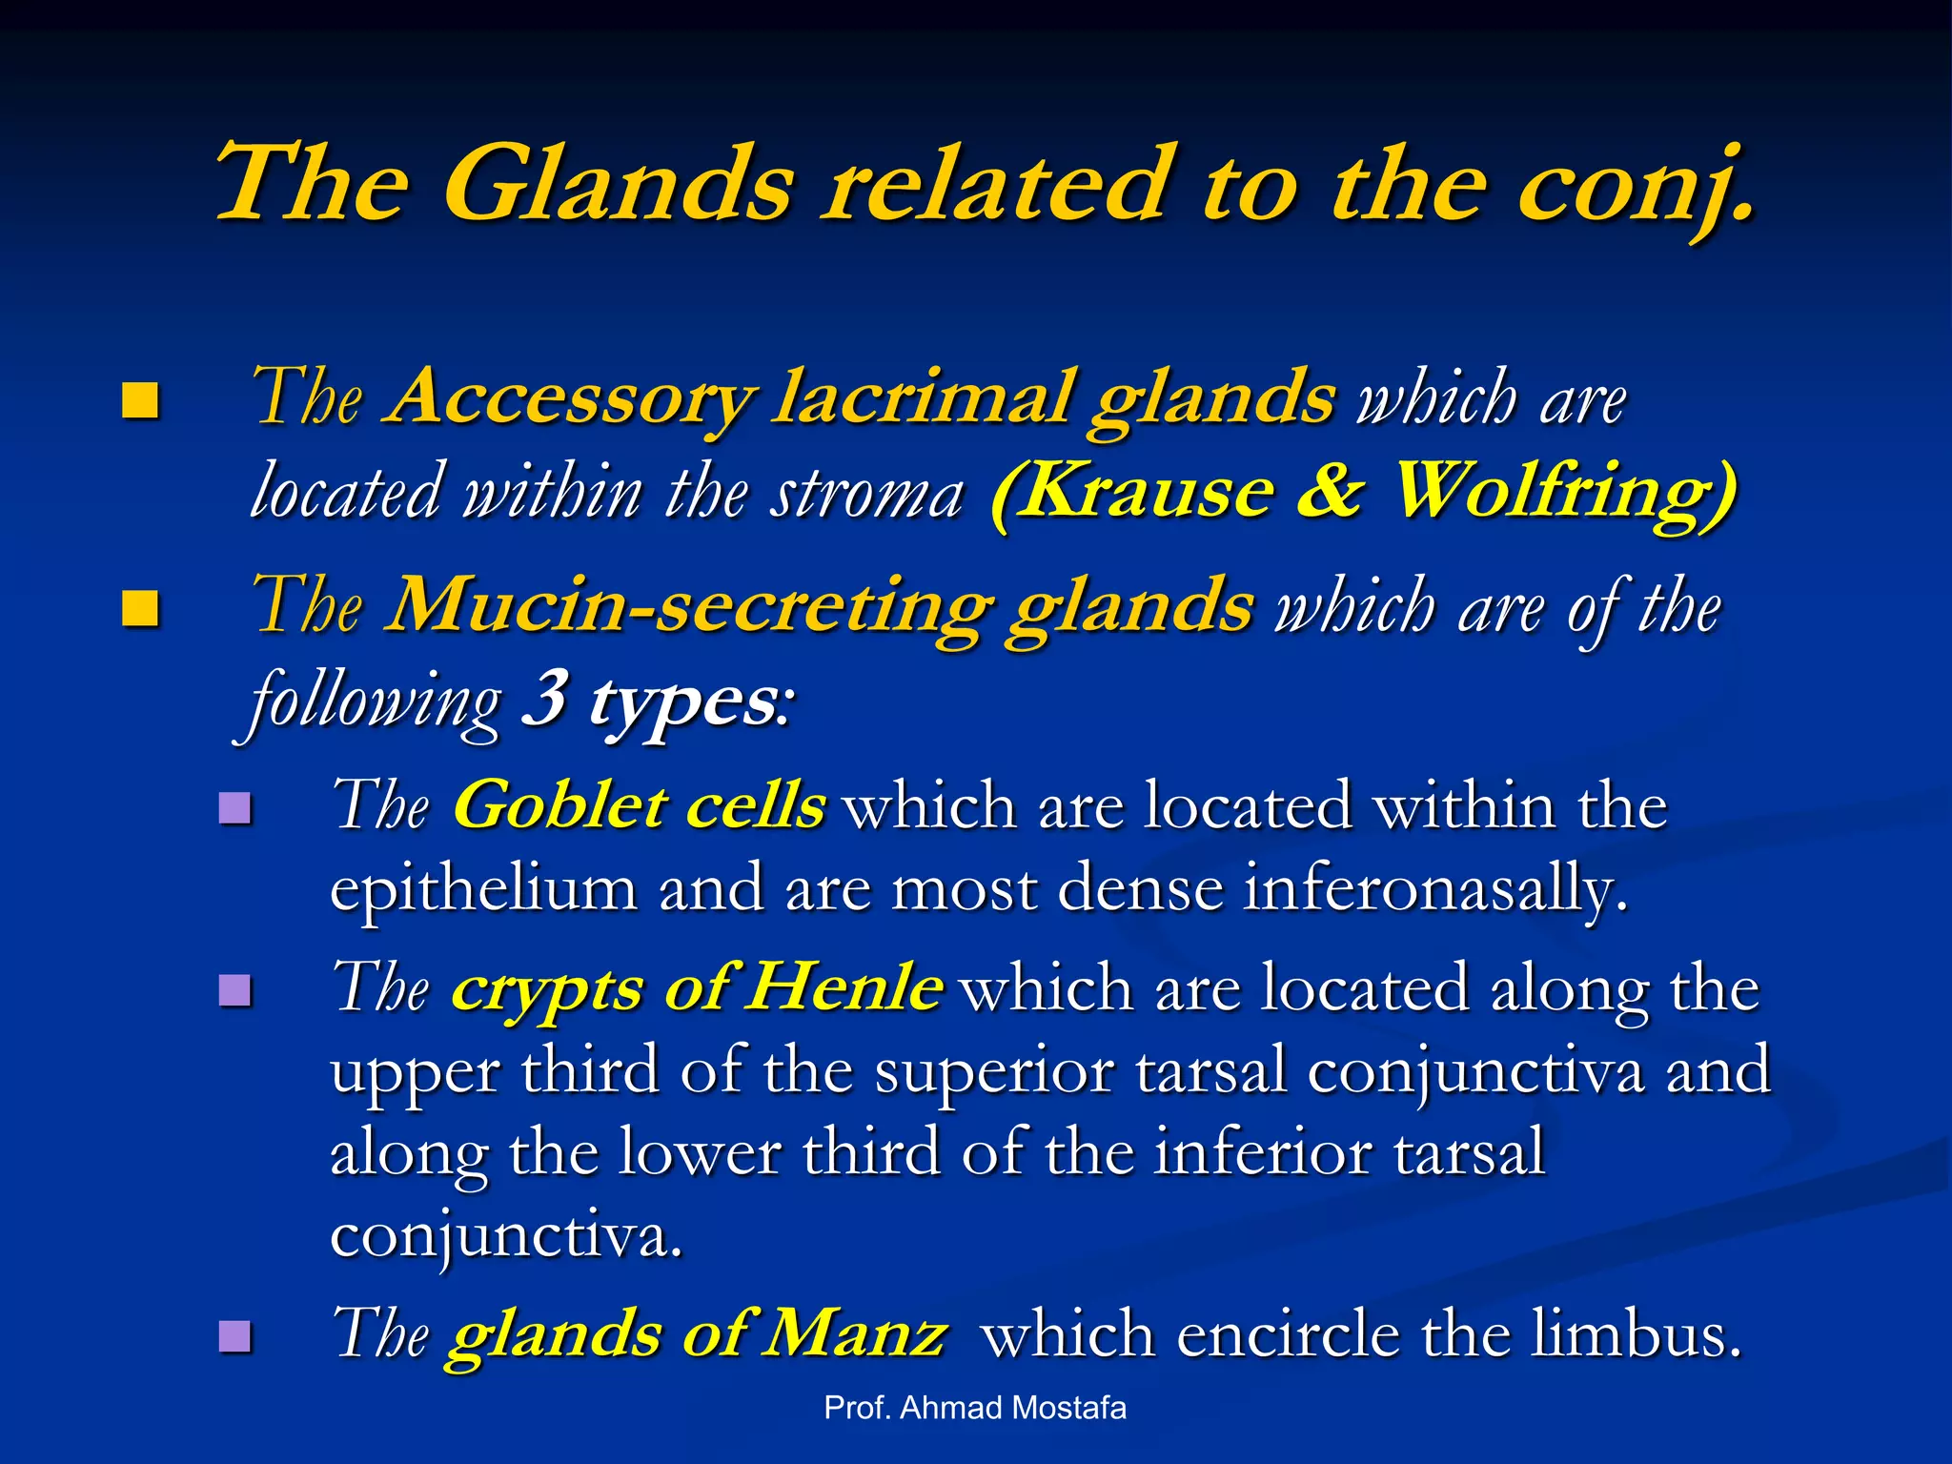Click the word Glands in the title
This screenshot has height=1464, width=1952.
pyautogui.click(x=618, y=183)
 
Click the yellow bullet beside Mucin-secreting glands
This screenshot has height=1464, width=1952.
pyautogui.click(x=140, y=608)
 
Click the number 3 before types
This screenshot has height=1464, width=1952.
pyautogui.click(x=546, y=700)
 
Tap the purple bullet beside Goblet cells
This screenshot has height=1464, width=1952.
pyautogui.click(x=234, y=808)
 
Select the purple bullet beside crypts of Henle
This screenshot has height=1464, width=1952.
pyautogui.click(x=234, y=990)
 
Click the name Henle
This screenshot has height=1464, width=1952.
pyautogui.click(x=844, y=987)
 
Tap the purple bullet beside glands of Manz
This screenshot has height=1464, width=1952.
pyautogui.click(x=234, y=1335)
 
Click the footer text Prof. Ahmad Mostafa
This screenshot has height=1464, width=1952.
pyautogui.click(x=974, y=1408)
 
